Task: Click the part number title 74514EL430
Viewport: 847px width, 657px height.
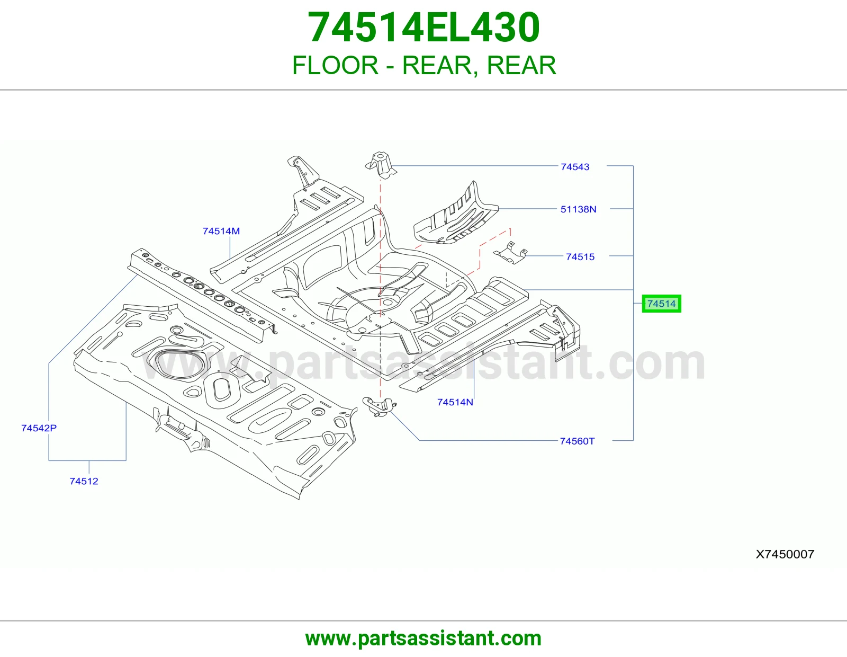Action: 424,28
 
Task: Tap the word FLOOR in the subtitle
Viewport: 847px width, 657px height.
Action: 335,66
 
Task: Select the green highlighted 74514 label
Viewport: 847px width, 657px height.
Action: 662,304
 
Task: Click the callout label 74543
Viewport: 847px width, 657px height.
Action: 575,166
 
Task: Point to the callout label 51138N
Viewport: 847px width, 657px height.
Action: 579,209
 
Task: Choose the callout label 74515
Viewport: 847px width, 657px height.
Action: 580,257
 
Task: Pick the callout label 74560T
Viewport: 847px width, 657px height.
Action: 577,441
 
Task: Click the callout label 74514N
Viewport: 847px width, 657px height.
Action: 455,402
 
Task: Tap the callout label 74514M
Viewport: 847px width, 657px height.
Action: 221,231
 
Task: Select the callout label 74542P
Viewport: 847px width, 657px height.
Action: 39,428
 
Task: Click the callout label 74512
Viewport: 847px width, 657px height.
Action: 84,481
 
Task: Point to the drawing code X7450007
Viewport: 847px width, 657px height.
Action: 785,554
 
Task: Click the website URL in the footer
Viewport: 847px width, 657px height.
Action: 424,638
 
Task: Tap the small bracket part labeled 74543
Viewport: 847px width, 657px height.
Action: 381,165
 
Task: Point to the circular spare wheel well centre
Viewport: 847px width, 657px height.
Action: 387,303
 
